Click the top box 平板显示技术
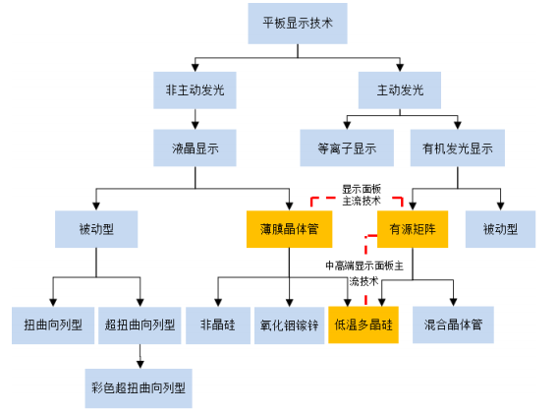pyautogui.click(x=298, y=24)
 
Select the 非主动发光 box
pyautogui.click(x=195, y=90)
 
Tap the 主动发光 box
pyautogui.click(x=400, y=90)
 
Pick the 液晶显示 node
pyautogui.click(x=195, y=147)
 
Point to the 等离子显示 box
pyautogui.click(x=347, y=147)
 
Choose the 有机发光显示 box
pyautogui.click(x=458, y=147)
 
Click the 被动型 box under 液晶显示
pyautogui.click(x=96, y=229)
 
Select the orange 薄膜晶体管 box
pyautogui.click(x=290, y=229)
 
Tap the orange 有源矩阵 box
pyautogui.click(x=413, y=229)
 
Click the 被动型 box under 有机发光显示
pyautogui.click(x=500, y=229)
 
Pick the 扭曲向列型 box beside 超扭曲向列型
pyautogui.click(x=53, y=325)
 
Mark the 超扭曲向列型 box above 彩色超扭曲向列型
pyautogui.click(x=140, y=325)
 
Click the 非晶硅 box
pyautogui.click(x=218, y=325)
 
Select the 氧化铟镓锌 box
pyautogui.click(x=289, y=325)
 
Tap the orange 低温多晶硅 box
pyautogui.click(x=363, y=324)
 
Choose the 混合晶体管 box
pyautogui.click(x=453, y=324)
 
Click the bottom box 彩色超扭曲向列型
pyautogui.click(x=139, y=388)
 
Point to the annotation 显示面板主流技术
pyautogui.click(x=362, y=195)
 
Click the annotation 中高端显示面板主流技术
pyautogui.click(x=364, y=273)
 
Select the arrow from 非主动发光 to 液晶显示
pyautogui.click(x=195, y=119)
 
